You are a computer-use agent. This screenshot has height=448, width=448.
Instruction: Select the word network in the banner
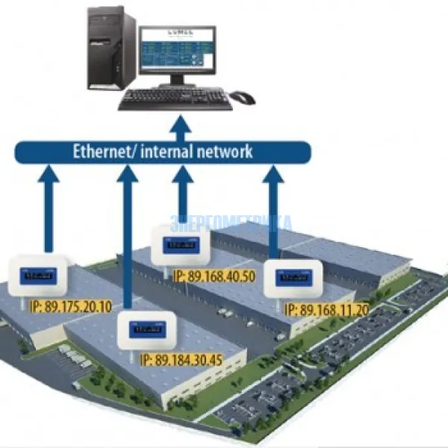point(224,152)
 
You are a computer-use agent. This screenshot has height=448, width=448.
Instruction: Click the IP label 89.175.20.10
point(72,306)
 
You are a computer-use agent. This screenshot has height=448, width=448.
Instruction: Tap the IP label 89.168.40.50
point(214,276)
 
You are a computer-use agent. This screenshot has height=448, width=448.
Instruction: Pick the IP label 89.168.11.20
point(328,309)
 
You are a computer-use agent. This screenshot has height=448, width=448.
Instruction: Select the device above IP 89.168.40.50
point(180,246)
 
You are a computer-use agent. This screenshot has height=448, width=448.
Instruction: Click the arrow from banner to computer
point(178,127)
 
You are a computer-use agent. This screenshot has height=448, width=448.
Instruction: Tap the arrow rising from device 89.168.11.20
point(273,213)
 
